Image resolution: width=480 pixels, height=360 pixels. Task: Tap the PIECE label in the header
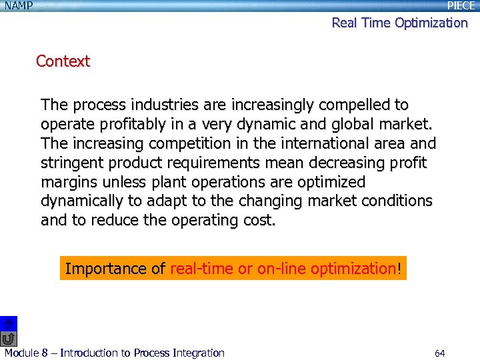click(461, 6)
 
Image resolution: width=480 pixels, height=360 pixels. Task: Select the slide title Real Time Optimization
click(400, 23)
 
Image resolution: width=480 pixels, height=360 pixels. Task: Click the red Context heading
click(63, 61)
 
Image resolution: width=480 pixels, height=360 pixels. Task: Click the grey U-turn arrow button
click(8, 339)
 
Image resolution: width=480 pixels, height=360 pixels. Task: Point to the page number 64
click(439, 353)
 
